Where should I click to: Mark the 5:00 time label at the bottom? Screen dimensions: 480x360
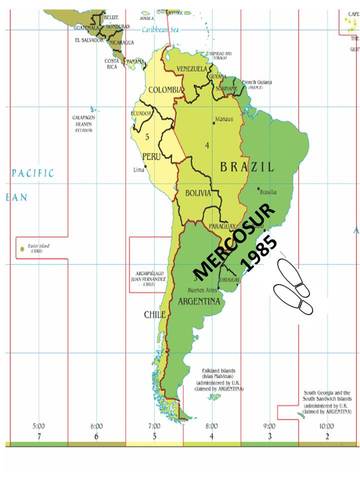coord(38,426)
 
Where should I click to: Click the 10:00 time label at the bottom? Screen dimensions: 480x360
coord(326,426)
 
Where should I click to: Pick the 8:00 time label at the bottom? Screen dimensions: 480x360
coord(211,426)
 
